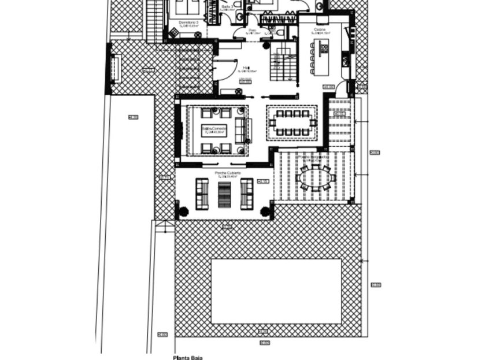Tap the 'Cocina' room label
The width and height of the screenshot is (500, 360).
tap(320, 29)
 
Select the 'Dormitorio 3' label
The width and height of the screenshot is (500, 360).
tap(188, 23)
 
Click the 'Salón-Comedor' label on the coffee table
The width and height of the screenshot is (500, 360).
tap(214, 128)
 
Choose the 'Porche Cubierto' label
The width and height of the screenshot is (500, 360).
tap(227, 173)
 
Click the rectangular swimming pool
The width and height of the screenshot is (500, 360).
tap(276, 291)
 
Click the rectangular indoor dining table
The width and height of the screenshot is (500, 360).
tap(292, 123)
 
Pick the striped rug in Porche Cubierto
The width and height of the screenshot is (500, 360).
tap(225, 195)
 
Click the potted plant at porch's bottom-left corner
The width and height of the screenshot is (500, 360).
tap(183, 211)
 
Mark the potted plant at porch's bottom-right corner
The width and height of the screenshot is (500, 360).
tap(266, 211)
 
